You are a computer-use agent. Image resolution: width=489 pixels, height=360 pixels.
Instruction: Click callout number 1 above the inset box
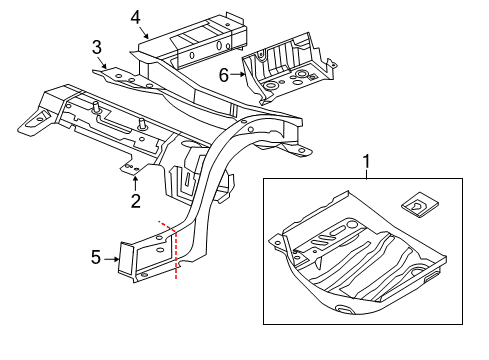click(366, 161)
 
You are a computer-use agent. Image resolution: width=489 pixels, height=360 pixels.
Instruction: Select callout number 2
click(135, 201)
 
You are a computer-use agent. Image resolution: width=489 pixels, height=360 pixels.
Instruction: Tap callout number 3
click(97, 47)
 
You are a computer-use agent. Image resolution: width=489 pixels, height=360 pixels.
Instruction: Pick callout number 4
click(135, 15)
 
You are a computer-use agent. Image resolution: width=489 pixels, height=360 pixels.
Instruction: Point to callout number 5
click(96, 257)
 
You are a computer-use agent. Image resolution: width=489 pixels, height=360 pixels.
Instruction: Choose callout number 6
click(224, 72)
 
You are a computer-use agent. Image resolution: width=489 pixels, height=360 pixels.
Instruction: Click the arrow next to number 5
click(112, 257)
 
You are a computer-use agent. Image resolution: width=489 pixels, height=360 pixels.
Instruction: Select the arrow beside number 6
click(240, 72)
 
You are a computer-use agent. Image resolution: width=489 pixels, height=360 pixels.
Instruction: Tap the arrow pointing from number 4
click(145, 32)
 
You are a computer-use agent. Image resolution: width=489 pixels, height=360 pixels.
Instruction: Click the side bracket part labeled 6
click(290, 62)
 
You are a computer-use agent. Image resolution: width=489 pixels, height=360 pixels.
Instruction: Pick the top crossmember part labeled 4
click(195, 38)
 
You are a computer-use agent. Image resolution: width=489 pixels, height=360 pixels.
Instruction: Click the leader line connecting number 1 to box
click(366, 173)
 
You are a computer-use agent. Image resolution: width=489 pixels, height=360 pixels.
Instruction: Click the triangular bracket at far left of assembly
click(33, 118)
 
